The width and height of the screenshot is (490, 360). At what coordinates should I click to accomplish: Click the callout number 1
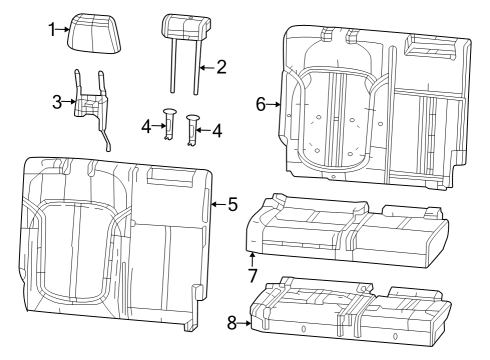(x=53, y=31)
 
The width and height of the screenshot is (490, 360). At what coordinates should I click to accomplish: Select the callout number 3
(x=57, y=100)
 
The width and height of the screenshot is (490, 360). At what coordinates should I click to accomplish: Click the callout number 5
(x=232, y=204)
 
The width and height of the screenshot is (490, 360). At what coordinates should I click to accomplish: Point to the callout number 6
(x=262, y=104)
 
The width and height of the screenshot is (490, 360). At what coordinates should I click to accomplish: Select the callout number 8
(x=233, y=322)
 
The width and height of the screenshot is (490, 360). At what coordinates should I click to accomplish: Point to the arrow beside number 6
(x=274, y=104)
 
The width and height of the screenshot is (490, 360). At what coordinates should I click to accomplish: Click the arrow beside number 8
(x=246, y=322)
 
